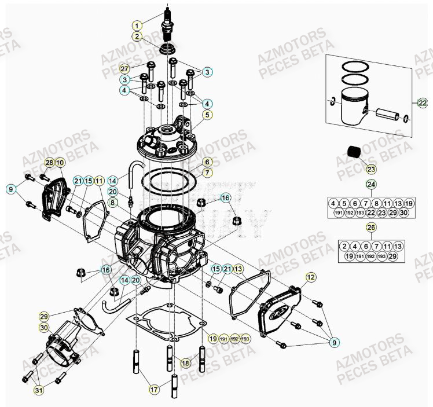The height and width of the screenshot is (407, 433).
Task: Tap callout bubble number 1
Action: point(137,25)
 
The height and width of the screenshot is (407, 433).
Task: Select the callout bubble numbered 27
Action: point(125,69)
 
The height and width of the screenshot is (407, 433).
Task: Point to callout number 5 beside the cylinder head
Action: point(207,115)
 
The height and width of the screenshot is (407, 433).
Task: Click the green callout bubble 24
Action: point(370,185)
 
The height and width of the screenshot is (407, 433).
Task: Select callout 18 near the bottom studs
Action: point(185,363)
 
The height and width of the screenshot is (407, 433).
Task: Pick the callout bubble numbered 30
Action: point(45,328)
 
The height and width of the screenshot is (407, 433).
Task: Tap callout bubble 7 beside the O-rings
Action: point(207,173)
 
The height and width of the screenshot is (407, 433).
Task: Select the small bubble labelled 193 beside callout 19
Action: point(245,339)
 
